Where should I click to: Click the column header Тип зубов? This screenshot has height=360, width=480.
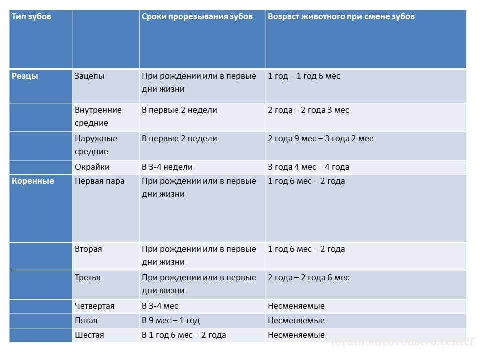31,17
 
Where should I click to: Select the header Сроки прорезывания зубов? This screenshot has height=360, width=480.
197,17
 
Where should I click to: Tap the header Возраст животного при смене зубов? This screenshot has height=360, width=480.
341,17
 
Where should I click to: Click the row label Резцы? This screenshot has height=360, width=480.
25,76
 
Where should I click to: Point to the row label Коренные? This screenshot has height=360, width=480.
33,181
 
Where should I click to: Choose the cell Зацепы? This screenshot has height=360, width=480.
90,76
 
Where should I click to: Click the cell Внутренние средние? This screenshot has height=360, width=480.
98,116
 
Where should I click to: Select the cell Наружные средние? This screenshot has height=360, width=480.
96,145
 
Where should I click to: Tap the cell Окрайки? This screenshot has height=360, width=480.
92,167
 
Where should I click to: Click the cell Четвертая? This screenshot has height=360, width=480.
95,306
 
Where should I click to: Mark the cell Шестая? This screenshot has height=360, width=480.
90,335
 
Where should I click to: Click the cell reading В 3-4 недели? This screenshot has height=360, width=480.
167,167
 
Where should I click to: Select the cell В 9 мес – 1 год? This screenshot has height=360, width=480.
171,321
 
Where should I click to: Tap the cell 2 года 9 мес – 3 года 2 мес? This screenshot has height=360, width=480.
320,139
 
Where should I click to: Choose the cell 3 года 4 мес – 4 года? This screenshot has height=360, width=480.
309,167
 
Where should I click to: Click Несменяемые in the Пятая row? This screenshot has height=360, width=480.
296,321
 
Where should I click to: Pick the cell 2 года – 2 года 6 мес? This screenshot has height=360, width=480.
308,278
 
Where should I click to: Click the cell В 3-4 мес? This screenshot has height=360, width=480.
160,306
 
